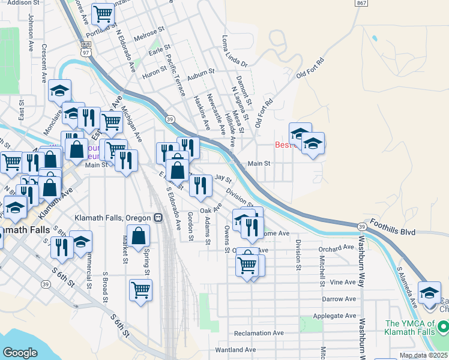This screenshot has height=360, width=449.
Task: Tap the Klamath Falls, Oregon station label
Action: (113, 217)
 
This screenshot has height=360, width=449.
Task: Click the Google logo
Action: (20, 352)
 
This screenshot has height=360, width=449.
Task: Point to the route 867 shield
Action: (361, 3)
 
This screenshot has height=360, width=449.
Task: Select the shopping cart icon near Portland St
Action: (103, 13)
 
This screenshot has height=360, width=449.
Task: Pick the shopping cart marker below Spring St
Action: (140, 290)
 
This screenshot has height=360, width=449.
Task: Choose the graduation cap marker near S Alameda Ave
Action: (429, 293)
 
